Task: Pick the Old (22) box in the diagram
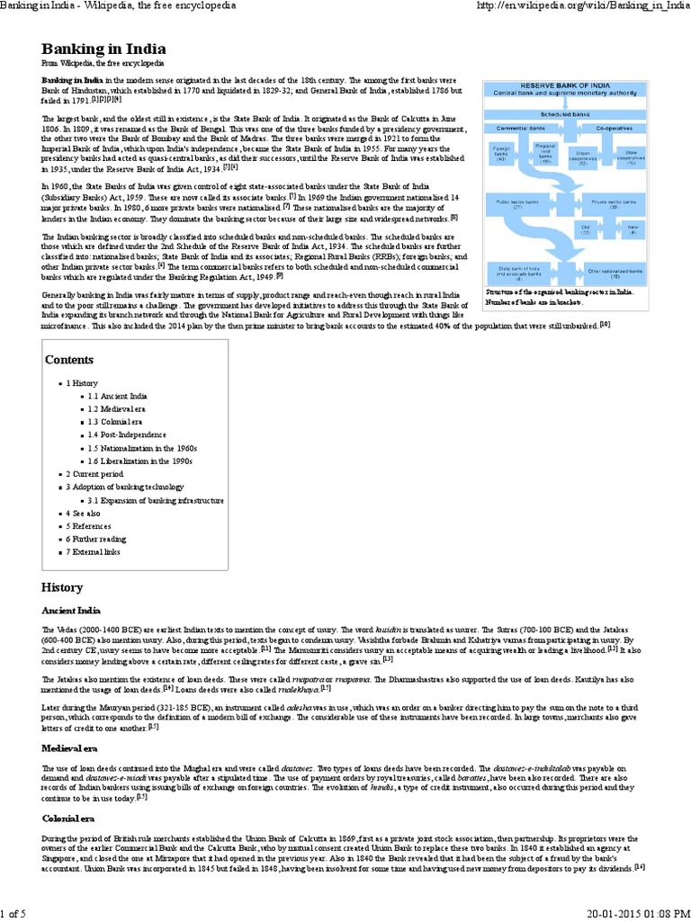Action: [x=586, y=231]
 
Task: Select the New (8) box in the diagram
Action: [x=632, y=231]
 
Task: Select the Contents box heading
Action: [x=69, y=360]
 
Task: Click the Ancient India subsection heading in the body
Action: [x=71, y=609]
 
